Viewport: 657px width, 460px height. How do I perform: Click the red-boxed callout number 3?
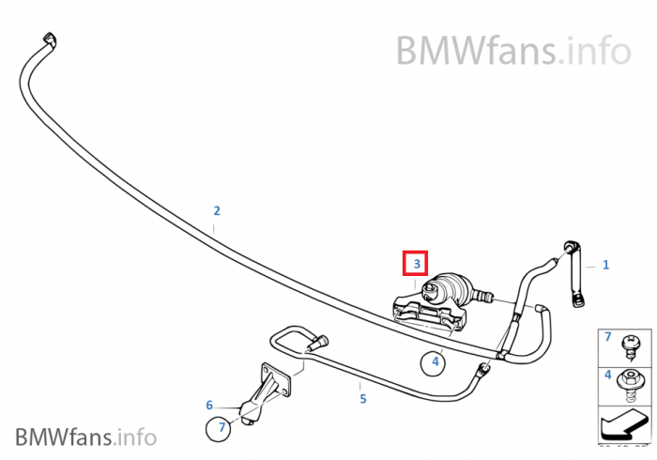coord(416,265)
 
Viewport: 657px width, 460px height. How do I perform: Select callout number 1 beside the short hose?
coord(605,265)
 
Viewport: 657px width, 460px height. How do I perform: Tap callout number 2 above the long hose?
coord(216,210)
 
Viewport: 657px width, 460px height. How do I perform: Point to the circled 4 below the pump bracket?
coord(435,359)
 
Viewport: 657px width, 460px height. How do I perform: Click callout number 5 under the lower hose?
coord(363,399)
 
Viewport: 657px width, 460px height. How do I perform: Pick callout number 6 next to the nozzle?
coord(209,406)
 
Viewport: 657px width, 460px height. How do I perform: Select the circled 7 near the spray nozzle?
coord(222,428)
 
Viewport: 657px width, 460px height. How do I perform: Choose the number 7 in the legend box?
coord(607,336)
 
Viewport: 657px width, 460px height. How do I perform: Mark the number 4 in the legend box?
coord(607,376)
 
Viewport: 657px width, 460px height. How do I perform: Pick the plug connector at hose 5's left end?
coord(318,343)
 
